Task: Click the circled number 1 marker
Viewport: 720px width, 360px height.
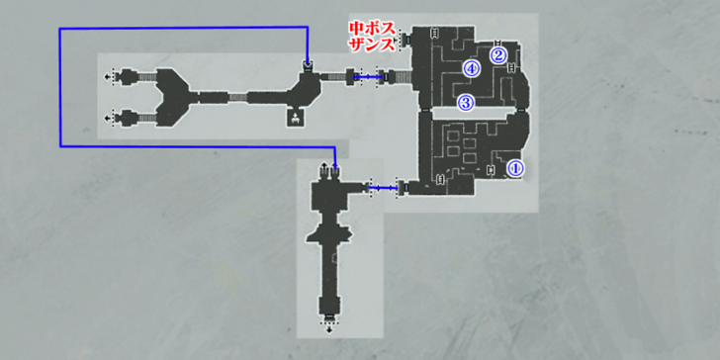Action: pos(514,168)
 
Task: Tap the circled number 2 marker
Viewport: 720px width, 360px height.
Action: pos(499,54)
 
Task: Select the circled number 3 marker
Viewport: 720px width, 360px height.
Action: pos(465,102)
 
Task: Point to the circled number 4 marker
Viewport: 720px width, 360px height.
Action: pos(472,69)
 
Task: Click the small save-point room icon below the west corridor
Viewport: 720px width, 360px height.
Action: pos(295,119)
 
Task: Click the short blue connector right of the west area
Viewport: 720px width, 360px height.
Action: pos(370,75)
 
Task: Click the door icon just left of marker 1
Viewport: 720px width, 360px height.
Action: pos(492,170)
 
